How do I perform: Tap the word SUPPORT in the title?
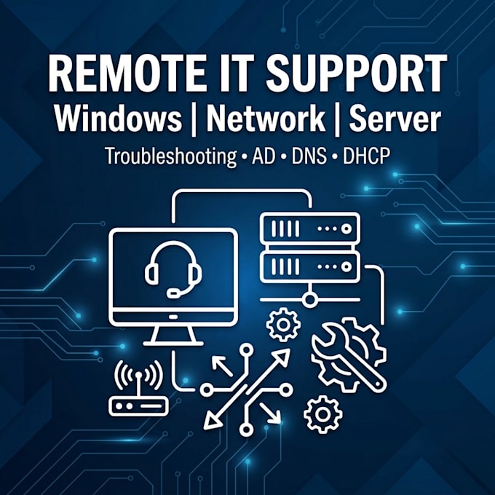click(356, 74)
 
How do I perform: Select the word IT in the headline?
click(235, 74)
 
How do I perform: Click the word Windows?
click(118, 119)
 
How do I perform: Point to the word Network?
click(266, 118)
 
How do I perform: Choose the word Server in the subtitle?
click(395, 119)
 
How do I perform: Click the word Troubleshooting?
click(171, 157)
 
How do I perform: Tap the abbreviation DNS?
click(309, 156)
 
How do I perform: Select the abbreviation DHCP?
click(366, 156)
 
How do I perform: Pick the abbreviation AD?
click(264, 156)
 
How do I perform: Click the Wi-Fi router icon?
click(138, 388)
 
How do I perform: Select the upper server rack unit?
click(309, 229)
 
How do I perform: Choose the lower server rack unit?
click(309, 266)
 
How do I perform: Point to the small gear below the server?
click(283, 325)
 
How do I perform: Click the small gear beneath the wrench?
click(322, 414)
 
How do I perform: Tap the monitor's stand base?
click(173, 344)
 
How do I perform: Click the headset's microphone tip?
click(173, 293)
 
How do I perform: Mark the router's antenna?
click(138, 385)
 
